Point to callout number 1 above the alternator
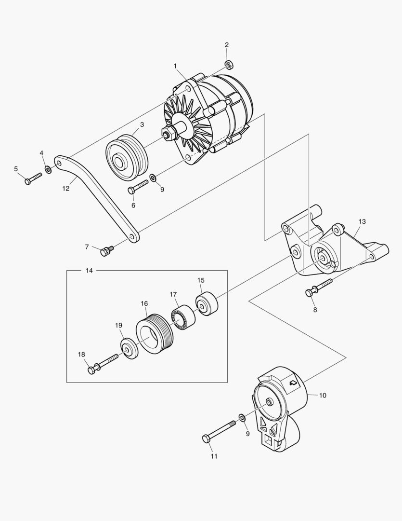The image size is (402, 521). point(175,66)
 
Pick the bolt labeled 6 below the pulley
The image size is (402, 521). point(138,187)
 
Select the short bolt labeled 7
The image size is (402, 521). point(106,250)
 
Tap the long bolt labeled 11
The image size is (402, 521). point(220,431)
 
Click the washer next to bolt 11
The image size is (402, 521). point(241,417)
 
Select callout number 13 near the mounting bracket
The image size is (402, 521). point(362,221)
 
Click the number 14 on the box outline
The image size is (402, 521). point(89,271)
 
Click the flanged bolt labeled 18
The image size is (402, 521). point(103,364)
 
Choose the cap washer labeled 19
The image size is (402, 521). point(129,348)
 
